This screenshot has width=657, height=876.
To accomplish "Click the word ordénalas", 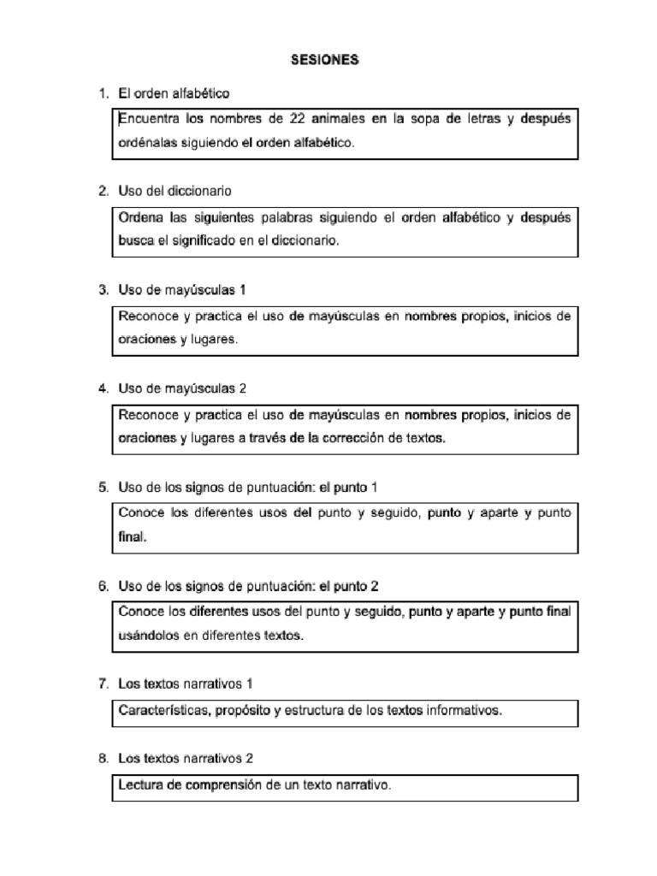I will [x=148, y=144].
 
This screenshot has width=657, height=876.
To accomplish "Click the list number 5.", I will [x=103, y=487].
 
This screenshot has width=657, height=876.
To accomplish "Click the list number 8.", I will [x=103, y=758].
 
